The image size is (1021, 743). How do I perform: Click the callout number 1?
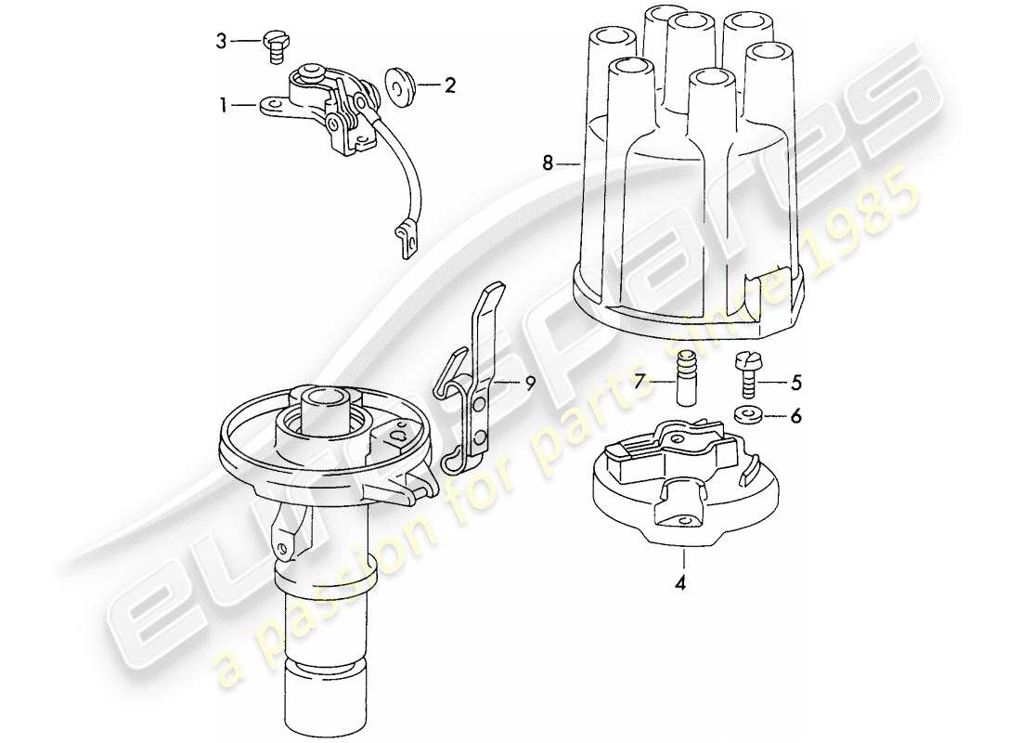click(223, 107)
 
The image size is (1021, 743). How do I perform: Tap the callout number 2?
click(450, 86)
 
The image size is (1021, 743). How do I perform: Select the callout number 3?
click(222, 40)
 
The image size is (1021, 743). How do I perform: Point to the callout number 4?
click(682, 584)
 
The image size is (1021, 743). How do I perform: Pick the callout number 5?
click(795, 382)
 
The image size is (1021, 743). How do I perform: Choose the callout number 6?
click(795, 417)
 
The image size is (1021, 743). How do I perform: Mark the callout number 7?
click(640, 382)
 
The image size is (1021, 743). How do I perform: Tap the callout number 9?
click(529, 382)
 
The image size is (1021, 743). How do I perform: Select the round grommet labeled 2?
click(399, 85)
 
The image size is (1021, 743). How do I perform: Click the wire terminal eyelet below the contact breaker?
click(406, 243)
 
